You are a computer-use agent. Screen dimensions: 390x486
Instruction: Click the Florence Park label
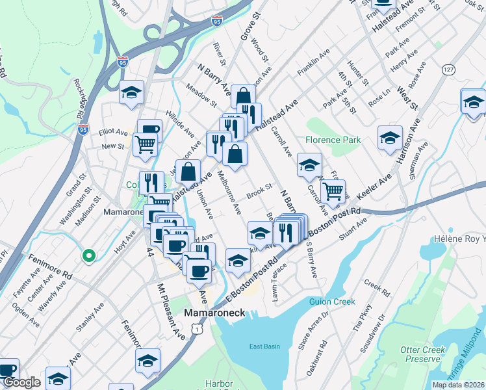pos(333,139)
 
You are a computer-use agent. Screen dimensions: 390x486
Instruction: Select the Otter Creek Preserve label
pos(423,354)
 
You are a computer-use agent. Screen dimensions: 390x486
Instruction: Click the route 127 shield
pos(448,69)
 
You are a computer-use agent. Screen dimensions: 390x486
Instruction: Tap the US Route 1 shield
pos(196,331)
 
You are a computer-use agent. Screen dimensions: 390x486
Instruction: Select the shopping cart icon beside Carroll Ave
pos(333,190)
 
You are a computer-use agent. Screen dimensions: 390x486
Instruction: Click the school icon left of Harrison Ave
pos(390,137)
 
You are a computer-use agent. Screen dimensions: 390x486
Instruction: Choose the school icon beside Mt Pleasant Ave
pos(147,360)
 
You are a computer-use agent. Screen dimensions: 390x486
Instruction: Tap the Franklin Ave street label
pos(314,60)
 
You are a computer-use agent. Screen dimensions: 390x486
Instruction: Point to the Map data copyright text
pos(458,385)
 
